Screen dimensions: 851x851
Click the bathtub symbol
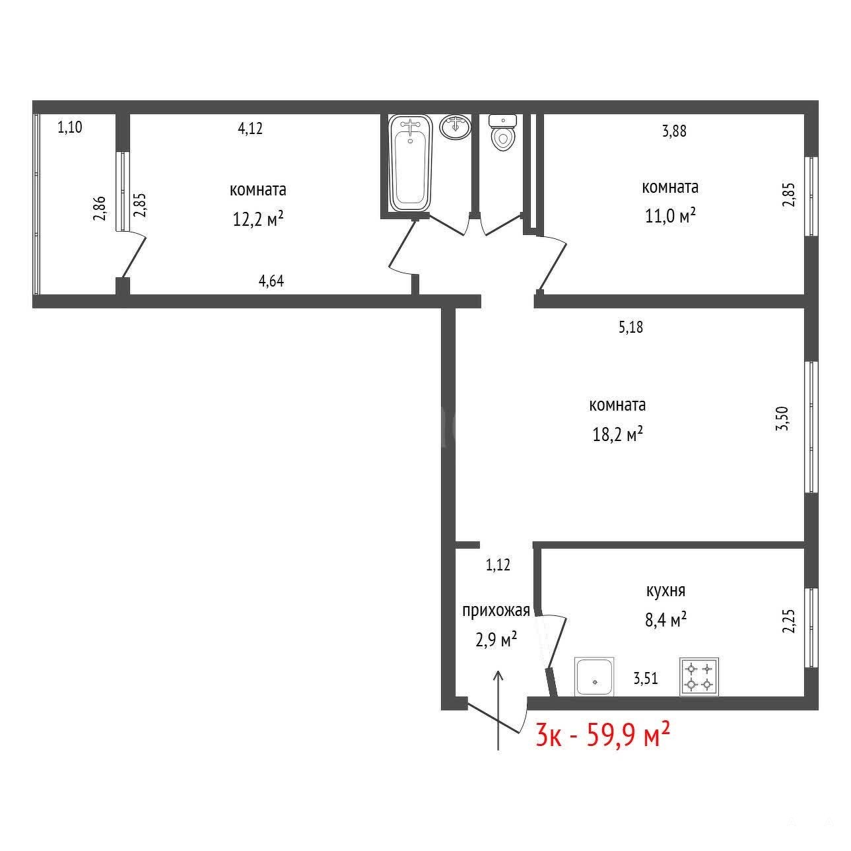[410, 163]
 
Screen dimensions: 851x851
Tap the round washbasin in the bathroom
[455, 127]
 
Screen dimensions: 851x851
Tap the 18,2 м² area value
[617, 434]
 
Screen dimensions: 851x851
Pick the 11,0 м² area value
[670, 216]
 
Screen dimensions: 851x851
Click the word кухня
[665, 591]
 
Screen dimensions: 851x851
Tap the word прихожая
[496, 611]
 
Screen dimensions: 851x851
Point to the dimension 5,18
[630, 327]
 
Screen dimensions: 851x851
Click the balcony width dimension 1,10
[70, 127]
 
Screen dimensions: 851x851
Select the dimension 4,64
[271, 281]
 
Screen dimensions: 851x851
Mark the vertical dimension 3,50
[783, 418]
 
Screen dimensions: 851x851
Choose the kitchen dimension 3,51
[646, 678]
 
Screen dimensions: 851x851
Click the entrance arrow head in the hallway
[498, 675]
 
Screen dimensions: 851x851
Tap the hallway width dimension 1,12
[498, 565]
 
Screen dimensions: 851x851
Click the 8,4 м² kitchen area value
[665, 619]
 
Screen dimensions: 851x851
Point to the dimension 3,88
[674, 131]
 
